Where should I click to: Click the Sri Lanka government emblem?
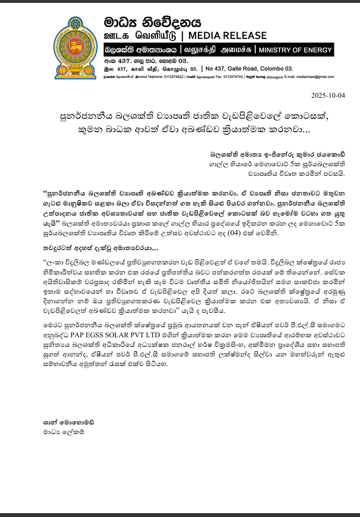tap(75, 47)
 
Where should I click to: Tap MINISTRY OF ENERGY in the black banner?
tap(294, 50)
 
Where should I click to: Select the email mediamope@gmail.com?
tap(315, 77)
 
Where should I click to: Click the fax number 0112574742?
tap(231, 77)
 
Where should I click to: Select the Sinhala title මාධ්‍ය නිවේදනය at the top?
tap(153, 22)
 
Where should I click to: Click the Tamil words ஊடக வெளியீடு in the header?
tap(144, 36)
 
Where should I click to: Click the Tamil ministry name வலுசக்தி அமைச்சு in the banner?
tap(216, 50)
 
